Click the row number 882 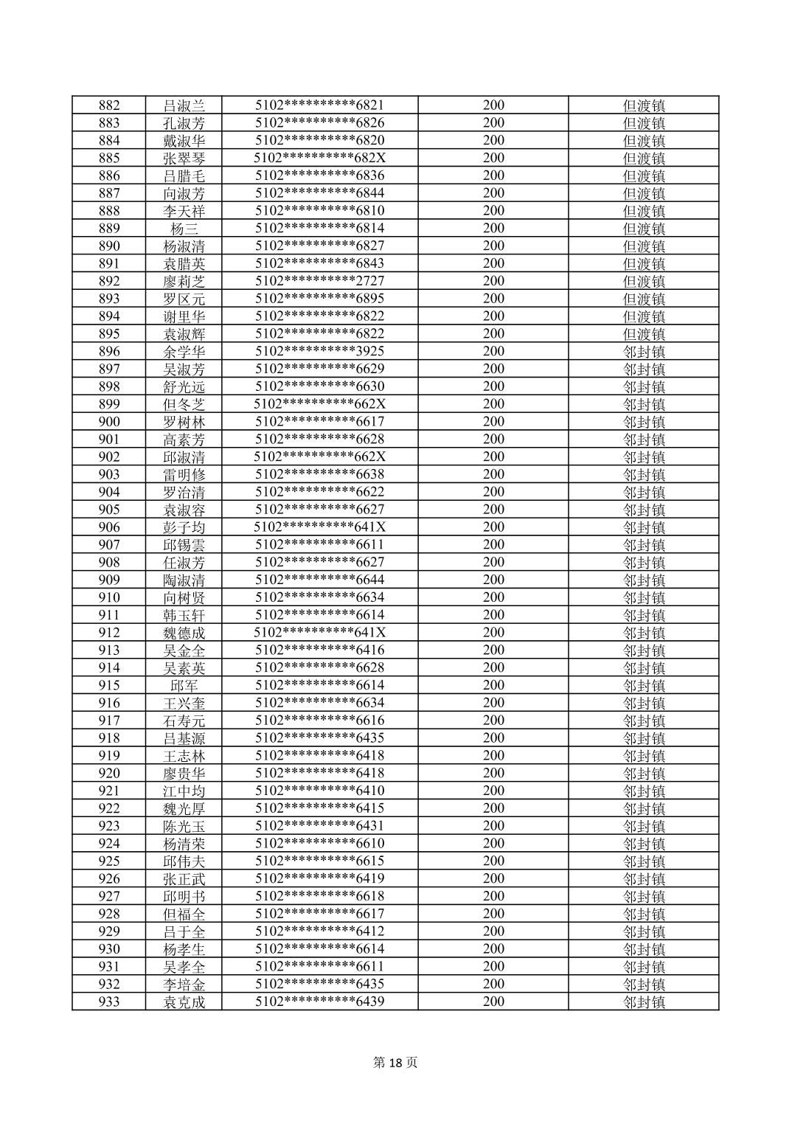point(109,105)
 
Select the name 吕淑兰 point(184,105)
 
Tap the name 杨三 point(184,229)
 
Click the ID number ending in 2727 point(319,281)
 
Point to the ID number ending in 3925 point(319,352)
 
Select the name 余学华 point(184,352)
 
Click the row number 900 point(109,422)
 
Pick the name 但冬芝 point(184,404)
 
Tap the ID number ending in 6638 point(319,474)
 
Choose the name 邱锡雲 point(184,545)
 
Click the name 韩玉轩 point(184,615)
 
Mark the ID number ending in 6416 point(319,650)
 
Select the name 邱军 point(184,686)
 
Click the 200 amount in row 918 point(493,738)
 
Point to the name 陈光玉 point(184,826)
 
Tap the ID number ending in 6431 point(319,826)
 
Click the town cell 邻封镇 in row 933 point(644,1002)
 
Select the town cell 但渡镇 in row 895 point(644,334)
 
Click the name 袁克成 point(184,1002)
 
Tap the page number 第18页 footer point(396,1063)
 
